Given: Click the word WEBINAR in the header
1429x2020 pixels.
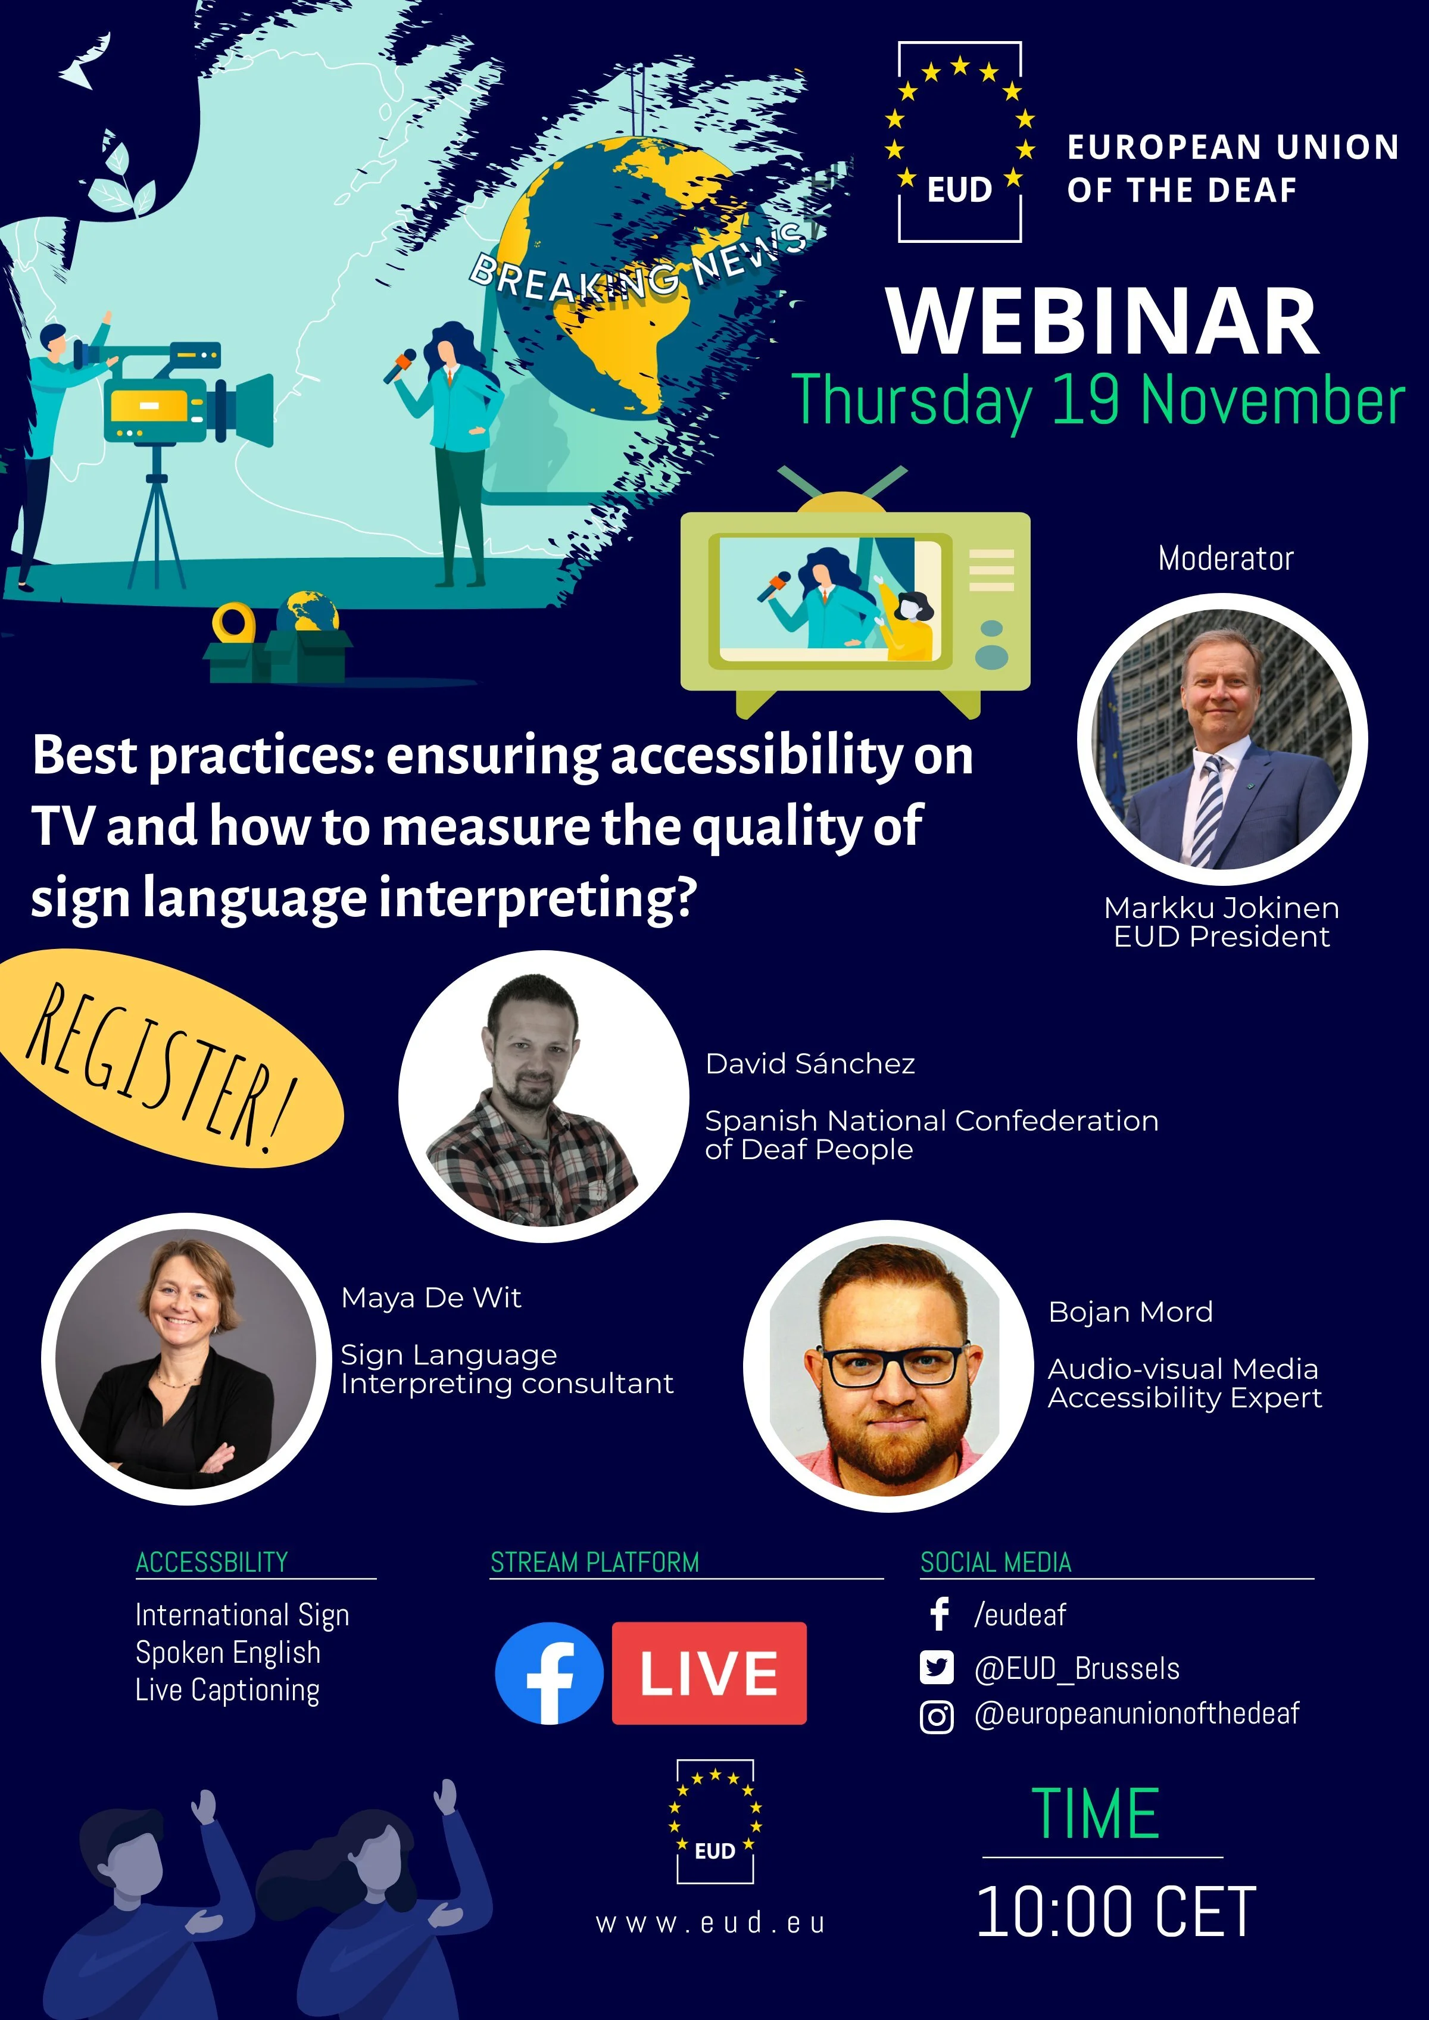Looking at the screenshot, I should point(1103,322).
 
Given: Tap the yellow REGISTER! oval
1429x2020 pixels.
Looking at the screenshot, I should point(167,1060).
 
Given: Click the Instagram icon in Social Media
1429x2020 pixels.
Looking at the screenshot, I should point(936,1716).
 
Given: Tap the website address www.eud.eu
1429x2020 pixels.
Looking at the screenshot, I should point(711,1922).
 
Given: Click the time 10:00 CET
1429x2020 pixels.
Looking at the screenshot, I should point(1116,1911).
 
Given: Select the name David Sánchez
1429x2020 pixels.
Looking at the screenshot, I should point(810,1064).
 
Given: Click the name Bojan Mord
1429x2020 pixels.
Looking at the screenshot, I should point(1130,1312).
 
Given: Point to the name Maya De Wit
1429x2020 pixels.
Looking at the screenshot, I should point(431,1298).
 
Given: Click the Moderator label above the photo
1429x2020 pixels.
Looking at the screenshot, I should point(1225,558).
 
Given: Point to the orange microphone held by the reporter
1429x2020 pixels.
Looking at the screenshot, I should point(400,363).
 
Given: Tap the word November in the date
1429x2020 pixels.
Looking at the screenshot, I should point(1272,401).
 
